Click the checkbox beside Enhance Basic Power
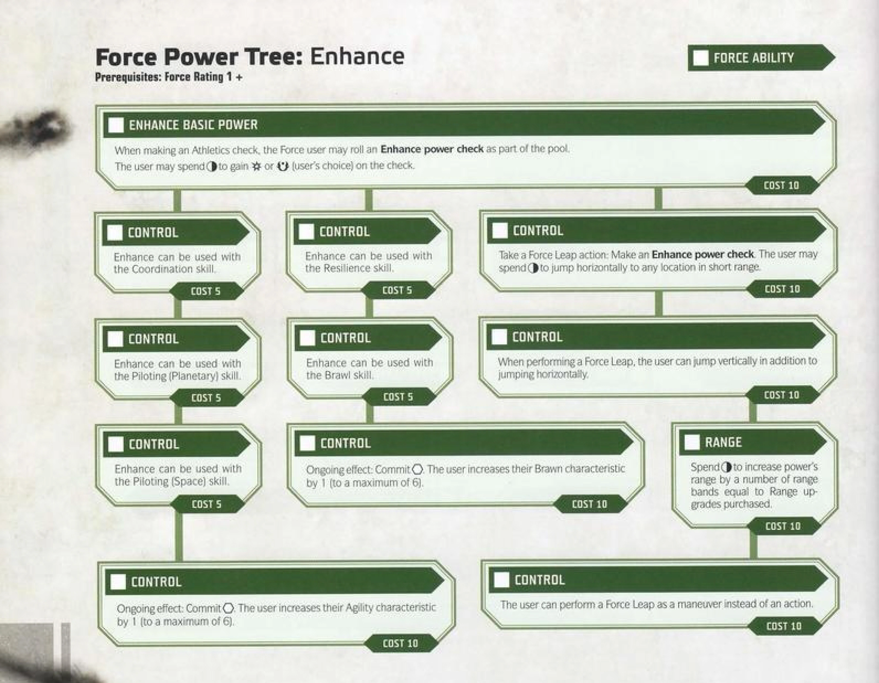coord(116,125)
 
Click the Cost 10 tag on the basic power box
coord(781,185)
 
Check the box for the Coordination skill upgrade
coord(115,233)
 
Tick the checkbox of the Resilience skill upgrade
coord(306,232)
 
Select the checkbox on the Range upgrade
coord(692,442)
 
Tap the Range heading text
coord(723,442)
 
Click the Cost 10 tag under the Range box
coord(783,526)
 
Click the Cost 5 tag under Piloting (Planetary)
coord(206,398)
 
